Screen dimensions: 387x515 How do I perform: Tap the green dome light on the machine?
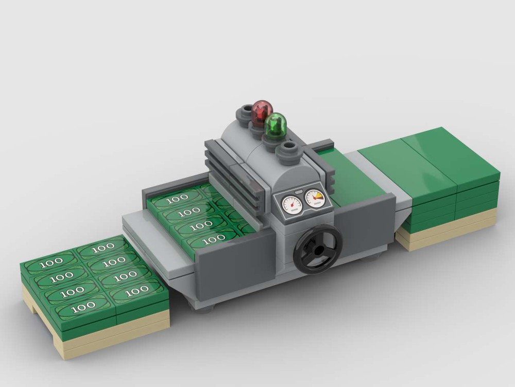click(277, 125)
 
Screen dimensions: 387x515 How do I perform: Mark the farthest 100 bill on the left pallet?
click(104, 247)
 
